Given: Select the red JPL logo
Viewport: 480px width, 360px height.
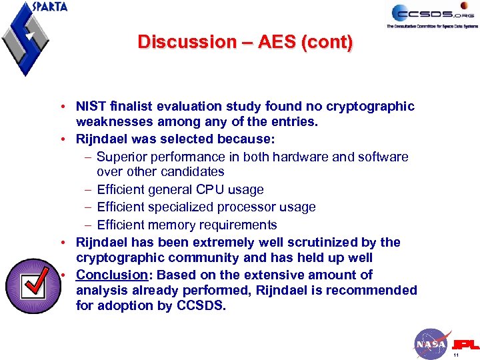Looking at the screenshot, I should click(x=465, y=345).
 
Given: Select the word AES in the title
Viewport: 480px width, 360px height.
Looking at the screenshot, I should click(x=275, y=42).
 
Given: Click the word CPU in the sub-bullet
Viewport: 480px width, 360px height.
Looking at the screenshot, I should click(x=207, y=190).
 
